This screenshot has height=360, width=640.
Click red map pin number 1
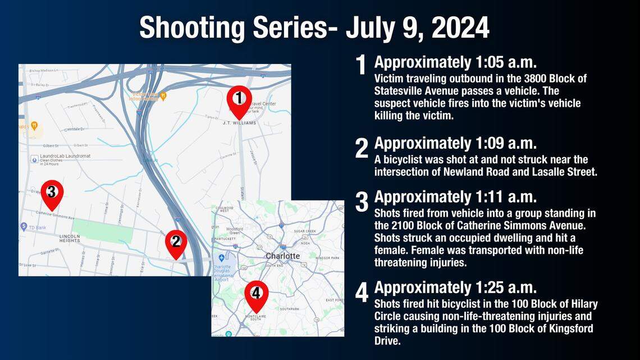(x=239, y=99)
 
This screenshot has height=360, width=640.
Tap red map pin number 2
(x=176, y=242)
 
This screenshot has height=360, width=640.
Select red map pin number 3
(x=52, y=193)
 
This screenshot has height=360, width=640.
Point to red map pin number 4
(x=256, y=294)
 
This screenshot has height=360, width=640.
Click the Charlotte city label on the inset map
(x=282, y=256)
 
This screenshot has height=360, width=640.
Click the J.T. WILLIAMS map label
(x=239, y=122)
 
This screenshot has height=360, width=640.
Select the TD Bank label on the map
(x=35, y=227)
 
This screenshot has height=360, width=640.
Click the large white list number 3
(x=362, y=202)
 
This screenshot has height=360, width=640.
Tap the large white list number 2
(x=362, y=148)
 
